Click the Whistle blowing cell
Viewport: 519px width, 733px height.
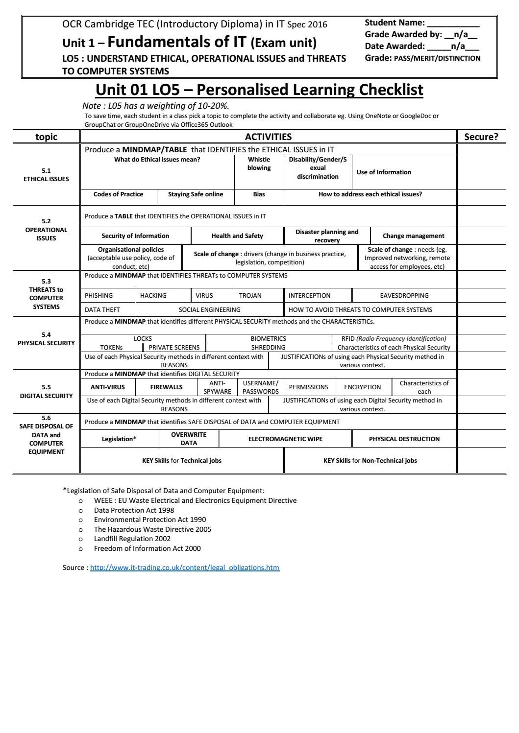259,164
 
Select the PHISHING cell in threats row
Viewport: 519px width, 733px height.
99,295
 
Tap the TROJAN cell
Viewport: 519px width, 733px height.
250,295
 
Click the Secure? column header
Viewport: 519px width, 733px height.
481,137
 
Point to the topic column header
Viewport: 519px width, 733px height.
46,137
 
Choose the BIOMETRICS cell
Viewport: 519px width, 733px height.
268,338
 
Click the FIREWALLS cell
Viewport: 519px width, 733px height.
166,387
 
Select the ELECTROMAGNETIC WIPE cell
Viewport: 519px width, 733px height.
285,439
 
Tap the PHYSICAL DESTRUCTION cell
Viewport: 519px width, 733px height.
404,439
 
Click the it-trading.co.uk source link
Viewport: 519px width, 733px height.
184,567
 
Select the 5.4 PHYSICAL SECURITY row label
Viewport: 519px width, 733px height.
46,339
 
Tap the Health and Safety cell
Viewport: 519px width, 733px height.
237,236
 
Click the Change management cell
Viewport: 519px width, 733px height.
413,236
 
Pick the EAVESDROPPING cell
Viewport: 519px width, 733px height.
404,295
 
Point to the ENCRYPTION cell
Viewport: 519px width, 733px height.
362,387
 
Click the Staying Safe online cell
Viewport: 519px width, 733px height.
195,194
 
